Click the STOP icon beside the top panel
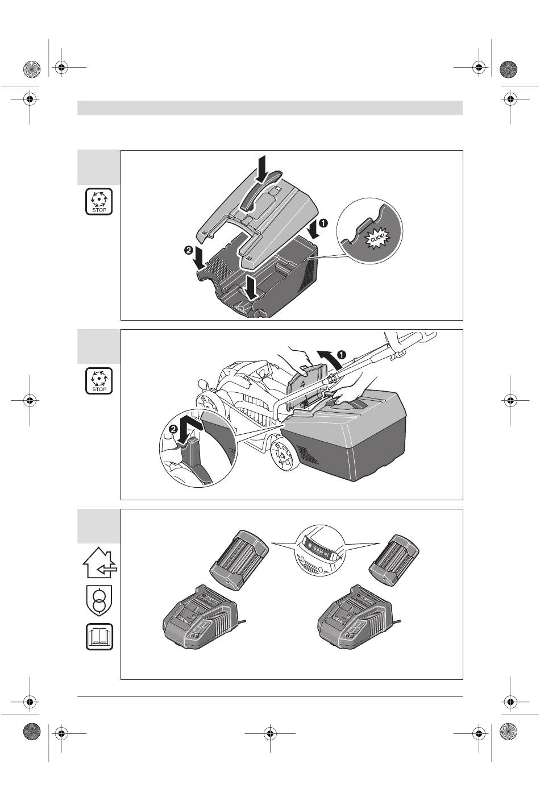click(x=99, y=202)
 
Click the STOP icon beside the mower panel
click(x=99, y=381)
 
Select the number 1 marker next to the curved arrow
click(x=339, y=354)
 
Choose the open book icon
click(x=99, y=637)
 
